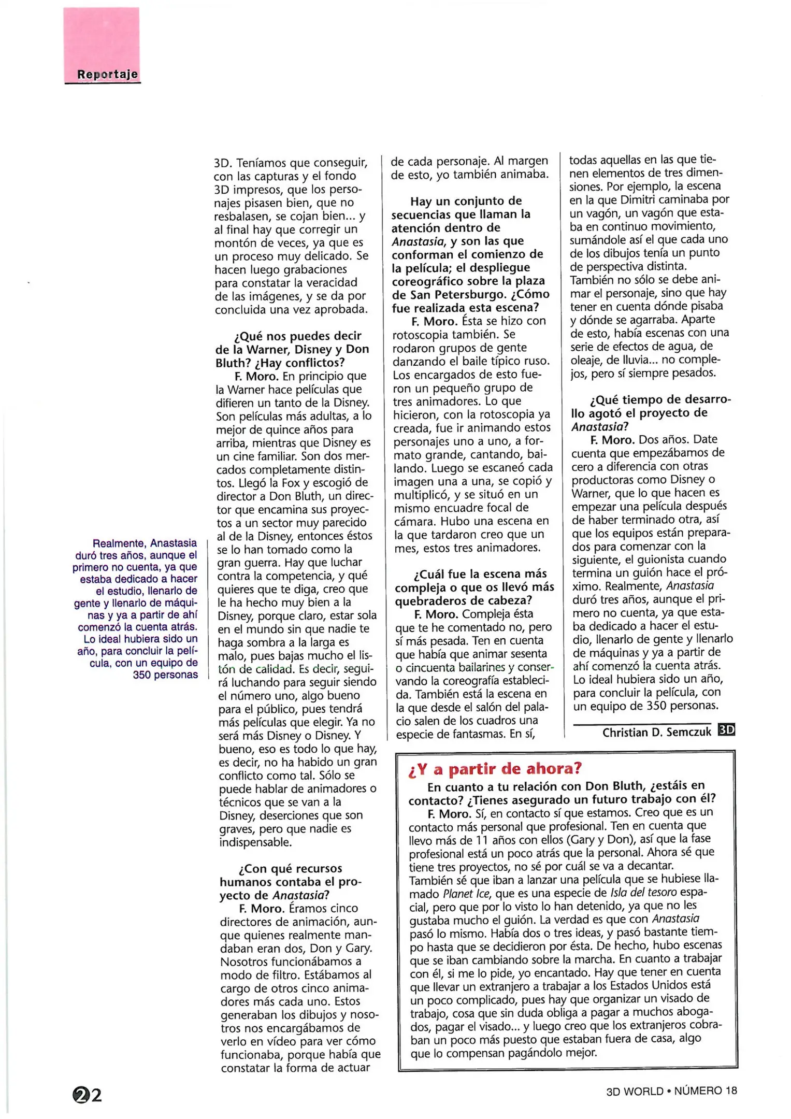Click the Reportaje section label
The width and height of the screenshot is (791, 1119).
coord(107,74)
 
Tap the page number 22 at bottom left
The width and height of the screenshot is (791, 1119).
coord(88,1095)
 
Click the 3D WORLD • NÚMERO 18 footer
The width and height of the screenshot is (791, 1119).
coord(671,1091)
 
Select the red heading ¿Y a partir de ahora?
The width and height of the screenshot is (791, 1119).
coord(495,769)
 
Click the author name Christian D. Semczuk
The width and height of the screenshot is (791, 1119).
coord(656,732)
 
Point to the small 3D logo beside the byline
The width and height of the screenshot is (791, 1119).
coord(726,729)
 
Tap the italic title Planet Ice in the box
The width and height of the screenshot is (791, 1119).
coord(465,894)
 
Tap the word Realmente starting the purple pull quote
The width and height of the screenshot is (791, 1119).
coord(119,543)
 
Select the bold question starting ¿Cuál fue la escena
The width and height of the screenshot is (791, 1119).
coord(474,587)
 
